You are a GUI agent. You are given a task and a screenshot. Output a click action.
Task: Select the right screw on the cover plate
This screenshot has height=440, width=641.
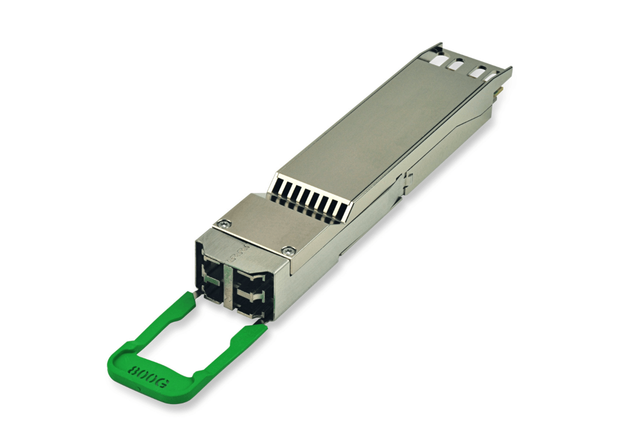click(288, 249)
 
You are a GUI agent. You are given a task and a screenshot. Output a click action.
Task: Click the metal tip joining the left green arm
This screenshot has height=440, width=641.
click(195, 294)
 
